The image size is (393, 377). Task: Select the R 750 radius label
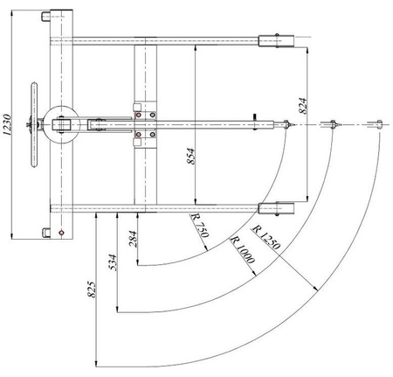[200, 228]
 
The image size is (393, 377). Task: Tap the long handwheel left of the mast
[34, 123]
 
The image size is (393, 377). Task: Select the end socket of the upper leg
[278, 40]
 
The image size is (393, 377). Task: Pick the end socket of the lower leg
[278, 209]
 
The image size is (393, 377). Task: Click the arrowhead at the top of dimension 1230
[11, 10]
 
